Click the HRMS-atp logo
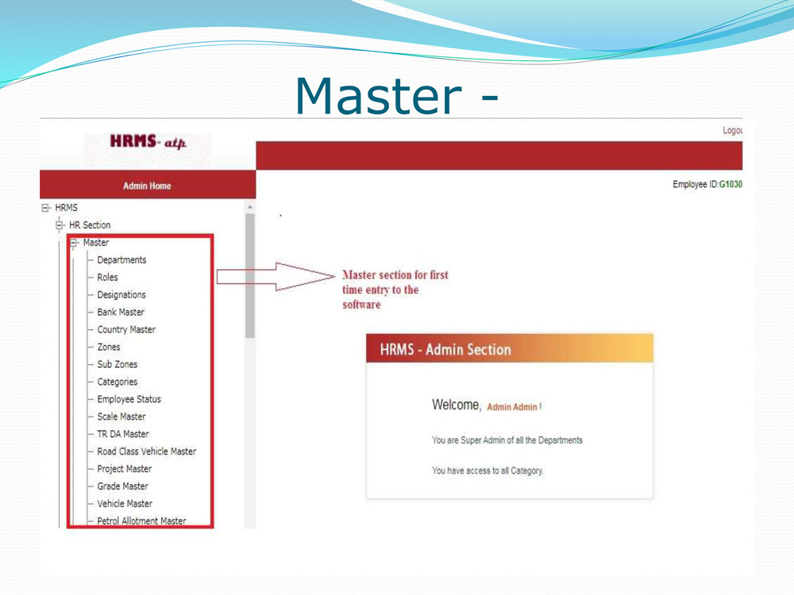[148, 143]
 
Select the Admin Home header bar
[147, 186]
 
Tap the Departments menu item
[121, 259]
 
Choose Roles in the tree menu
[107, 277]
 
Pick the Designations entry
[121, 294]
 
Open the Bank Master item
[121, 312]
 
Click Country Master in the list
[126, 329]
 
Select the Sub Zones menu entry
[117, 364]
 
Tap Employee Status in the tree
[129, 399]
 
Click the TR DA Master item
[123, 434]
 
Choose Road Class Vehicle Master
[146, 451]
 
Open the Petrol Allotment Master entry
[141, 521]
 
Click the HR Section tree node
[90, 225]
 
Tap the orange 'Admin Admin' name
[512, 407]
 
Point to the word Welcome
[456, 405]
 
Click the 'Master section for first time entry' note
[395, 290]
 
